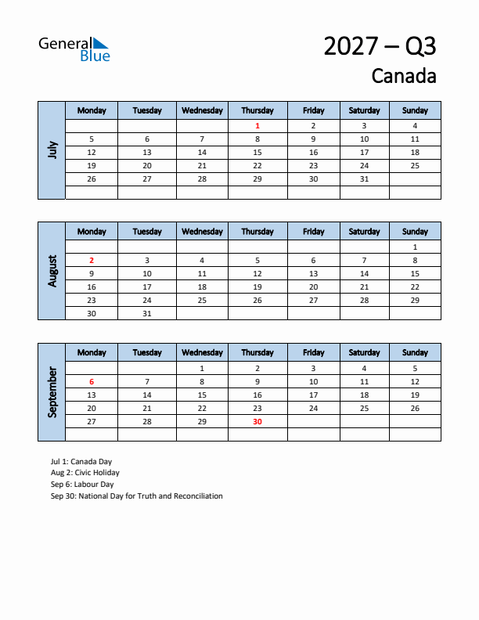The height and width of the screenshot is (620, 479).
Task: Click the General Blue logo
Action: pyautogui.click(x=74, y=49)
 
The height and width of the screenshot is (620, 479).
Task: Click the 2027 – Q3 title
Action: pyautogui.click(x=380, y=46)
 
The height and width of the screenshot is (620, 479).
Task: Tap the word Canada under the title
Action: pyautogui.click(x=403, y=76)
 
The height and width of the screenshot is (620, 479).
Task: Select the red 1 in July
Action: pyautogui.click(x=258, y=125)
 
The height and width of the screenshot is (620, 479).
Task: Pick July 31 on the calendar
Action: pyautogui.click(x=364, y=179)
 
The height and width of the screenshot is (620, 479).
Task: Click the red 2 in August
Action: pyautogui.click(x=92, y=260)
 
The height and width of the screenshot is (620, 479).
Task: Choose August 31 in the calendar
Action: pyautogui.click(x=147, y=313)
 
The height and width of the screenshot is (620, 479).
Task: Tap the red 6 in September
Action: pyautogui.click(x=92, y=381)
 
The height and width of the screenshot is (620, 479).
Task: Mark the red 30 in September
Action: pyautogui.click(x=258, y=421)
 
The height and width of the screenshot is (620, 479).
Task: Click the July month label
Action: pyautogui.click(x=52, y=150)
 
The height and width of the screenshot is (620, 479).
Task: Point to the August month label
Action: pyautogui.click(x=52, y=271)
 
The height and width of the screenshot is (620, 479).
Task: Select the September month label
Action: pyautogui.click(x=52, y=392)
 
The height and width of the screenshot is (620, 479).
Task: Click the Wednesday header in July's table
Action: pyautogui.click(x=202, y=110)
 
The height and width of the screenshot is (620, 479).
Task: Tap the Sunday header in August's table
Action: pyautogui.click(x=415, y=232)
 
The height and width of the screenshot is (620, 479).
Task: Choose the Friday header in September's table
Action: pyautogui.click(x=313, y=353)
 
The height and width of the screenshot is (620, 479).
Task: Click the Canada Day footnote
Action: pyautogui.click(x=81, y=462)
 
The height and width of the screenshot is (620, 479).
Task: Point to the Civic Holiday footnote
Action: pyautogui.click(x=85, y=473)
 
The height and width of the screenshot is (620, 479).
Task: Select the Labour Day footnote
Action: pyautogui.click(x=82, y=485)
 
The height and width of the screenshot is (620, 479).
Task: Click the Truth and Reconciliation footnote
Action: pyautogui.click(x=136, y=496)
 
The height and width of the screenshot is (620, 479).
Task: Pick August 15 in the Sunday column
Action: pyautogui.click(x=415, y=273)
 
